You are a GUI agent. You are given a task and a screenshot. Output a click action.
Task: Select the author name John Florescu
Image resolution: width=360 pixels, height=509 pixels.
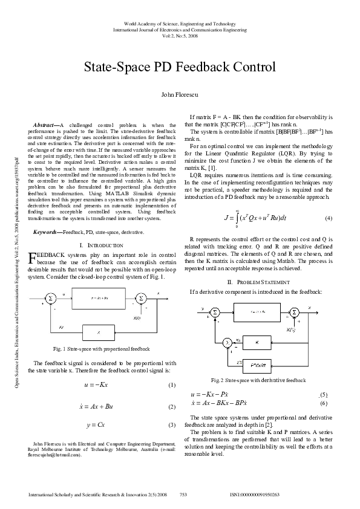pyautogui.click(x=180, y=95)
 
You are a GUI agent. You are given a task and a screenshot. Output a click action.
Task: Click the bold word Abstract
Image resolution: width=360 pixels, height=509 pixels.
pyautogui.click(x=46, y=124)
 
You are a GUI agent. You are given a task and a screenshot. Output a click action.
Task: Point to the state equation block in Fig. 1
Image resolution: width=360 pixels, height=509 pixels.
pyautogui.click(x=99, y=298)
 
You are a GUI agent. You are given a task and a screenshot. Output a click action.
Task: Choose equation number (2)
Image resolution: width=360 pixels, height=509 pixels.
pyautogui.click(x=171, y=407)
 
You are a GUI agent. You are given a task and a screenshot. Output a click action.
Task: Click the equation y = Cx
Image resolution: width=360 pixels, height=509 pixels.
pyautogui.click(x=97, y=425)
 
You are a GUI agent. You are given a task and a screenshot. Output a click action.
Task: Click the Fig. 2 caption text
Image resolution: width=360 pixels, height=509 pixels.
pyautogui.click(x=258, y=381)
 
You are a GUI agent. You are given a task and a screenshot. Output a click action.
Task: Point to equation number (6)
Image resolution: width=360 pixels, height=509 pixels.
pyautogui.click(x=323, y=403)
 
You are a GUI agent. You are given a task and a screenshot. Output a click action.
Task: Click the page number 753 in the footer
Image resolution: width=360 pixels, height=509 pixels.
pyautogui.click(x=183, y=494)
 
